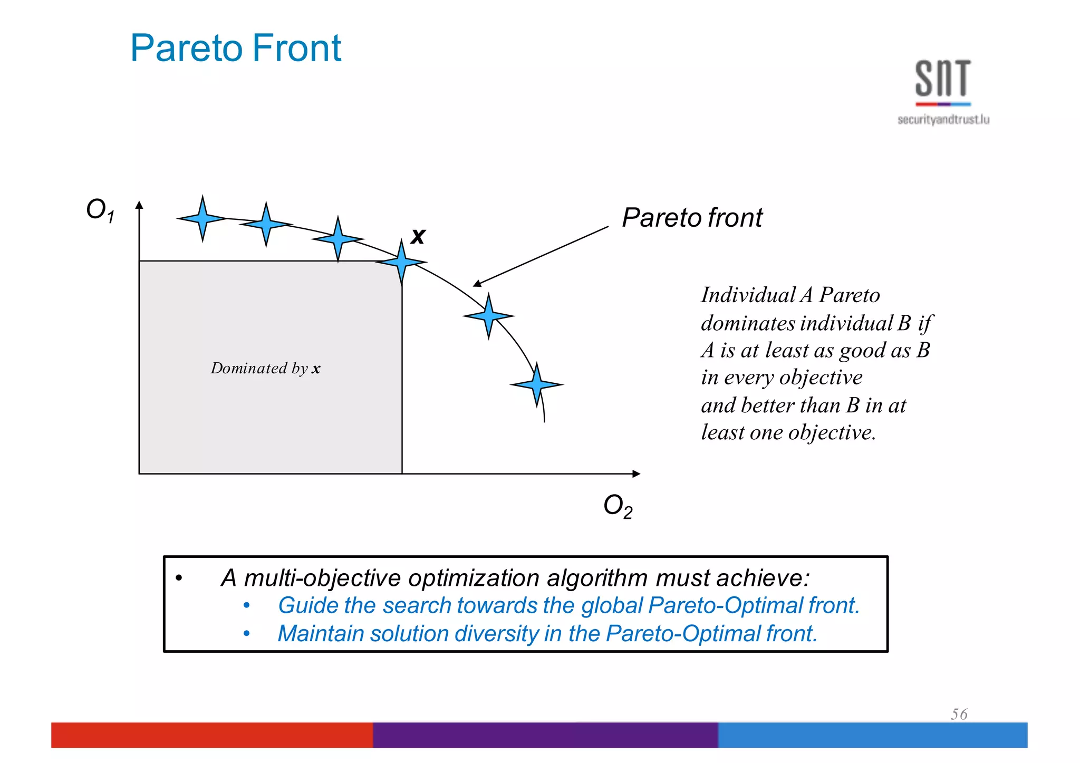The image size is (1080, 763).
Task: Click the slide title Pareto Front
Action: (235, 48)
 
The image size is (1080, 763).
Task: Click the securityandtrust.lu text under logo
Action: (943, 120)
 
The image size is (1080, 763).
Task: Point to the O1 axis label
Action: (100, 210)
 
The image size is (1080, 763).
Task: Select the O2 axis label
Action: (618, 506)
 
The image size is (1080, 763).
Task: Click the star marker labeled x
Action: (401, 262)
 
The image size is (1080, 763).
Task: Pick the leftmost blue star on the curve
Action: (202, 218)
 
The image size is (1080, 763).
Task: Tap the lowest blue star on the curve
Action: (537, 384)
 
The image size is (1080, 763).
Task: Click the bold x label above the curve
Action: (418, 236)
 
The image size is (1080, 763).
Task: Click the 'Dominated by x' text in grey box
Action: (265, 368)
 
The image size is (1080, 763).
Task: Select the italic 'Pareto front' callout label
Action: (692, 218)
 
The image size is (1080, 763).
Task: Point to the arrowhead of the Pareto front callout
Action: (476, 284)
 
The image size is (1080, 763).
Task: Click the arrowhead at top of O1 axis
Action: (139, 205)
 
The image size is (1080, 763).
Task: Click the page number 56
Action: (959, 714)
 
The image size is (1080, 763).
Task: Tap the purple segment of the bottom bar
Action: (545, 735)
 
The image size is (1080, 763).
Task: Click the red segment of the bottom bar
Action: (211, 735)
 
